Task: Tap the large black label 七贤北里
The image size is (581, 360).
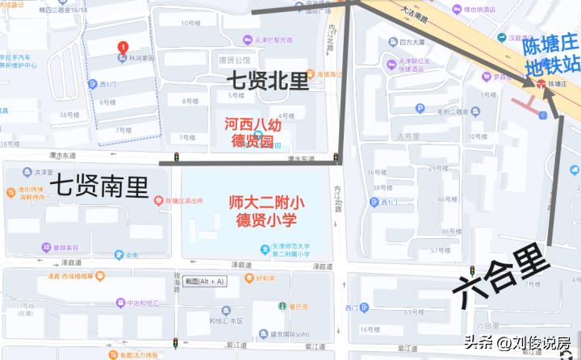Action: [267, 81]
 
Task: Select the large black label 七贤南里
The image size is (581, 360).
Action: [100, 187]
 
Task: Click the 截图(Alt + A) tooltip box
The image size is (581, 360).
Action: [204, 281]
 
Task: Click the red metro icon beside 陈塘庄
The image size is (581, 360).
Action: [540, 84]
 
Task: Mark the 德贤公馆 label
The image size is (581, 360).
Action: [234, 60]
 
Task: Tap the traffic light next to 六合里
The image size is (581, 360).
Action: [472, 270]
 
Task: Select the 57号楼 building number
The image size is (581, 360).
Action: [441, 250]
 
